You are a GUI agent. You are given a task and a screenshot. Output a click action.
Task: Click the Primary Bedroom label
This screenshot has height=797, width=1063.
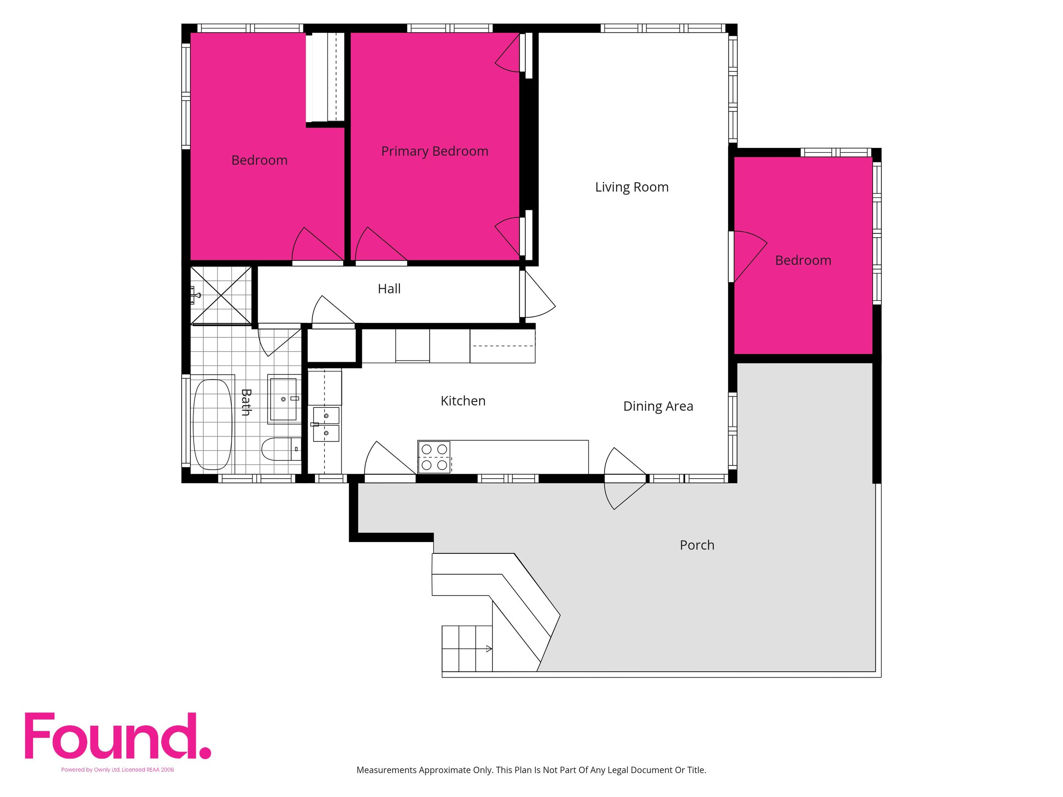click(x=435, y=151)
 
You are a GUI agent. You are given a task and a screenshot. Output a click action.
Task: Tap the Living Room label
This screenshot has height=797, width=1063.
click(x=632, y=187)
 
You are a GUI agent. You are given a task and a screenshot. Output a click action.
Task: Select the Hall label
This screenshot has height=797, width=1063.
click(x=389, y=289)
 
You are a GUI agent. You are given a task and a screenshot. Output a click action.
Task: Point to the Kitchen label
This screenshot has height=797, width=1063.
click(x=463, y=401)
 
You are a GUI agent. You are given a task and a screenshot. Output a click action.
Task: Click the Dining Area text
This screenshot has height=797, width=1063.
click(x=658, y=406)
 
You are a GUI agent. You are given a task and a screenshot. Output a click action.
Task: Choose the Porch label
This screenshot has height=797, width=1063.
click(x=697, y=545)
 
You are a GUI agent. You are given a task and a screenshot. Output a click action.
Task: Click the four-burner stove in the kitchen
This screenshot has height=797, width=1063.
click(x=434, y=457)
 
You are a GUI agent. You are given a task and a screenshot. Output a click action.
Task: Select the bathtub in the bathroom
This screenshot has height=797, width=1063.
click(x=213, y=424)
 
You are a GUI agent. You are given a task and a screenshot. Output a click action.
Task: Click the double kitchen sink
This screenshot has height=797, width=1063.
click(x=326, y=424)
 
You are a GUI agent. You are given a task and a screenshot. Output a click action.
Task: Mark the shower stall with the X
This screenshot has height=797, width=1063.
click(x=221, y=295)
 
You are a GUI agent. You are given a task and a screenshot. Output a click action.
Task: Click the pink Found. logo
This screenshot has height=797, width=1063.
click(x=118, y=736)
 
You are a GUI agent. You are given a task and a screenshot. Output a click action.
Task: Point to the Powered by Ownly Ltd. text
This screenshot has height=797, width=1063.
click(x=91, y=770)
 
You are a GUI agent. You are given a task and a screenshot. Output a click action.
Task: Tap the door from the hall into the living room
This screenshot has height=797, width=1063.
click(x=538, y=294)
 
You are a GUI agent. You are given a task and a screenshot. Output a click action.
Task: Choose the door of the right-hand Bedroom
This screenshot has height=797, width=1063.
click(x=747, y=256)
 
